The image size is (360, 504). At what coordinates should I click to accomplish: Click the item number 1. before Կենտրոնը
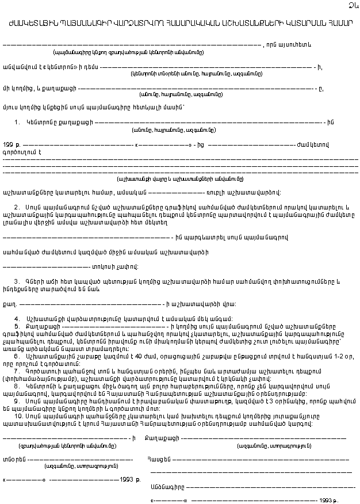(x=18, y=122)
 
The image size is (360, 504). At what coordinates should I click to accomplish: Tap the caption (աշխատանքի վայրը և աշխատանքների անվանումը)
(x=179, y=179)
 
